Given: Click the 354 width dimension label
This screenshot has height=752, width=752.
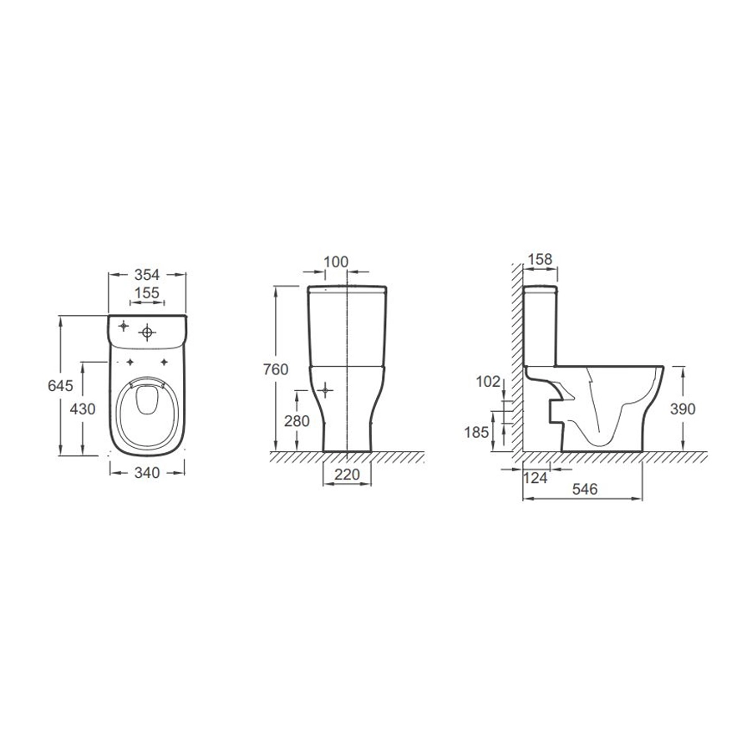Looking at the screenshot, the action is tap(147, 275).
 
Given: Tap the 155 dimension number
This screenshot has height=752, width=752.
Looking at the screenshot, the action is tap(147, 292).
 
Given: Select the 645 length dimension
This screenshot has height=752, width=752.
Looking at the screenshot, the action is tap(60, 385).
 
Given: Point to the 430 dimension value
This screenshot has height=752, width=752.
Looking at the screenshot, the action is tap(83, 409).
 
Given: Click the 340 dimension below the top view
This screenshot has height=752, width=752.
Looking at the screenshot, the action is tap(147, 473).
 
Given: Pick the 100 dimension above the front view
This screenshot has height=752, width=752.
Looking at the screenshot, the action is tap(336, 262).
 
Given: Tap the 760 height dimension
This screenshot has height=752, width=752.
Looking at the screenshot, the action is tap(276, 369).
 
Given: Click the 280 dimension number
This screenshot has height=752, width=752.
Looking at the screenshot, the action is tap(297, 421).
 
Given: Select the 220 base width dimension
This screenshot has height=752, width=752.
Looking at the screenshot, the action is tap(347, 475).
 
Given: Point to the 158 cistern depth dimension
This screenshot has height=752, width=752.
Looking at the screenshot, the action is tap(540, 259).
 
